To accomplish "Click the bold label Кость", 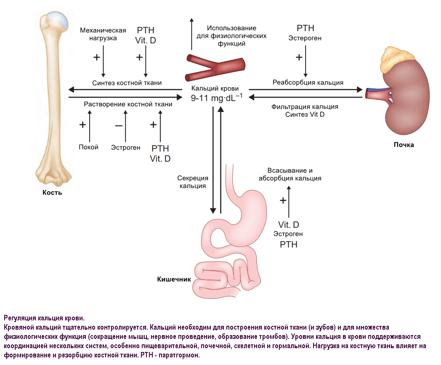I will [x=52, y=192].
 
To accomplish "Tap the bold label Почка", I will [x=404, y=145].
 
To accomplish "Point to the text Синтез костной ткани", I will [x=127, y=83].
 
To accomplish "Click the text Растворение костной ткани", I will [x=128, y=104].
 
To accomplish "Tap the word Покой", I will [x=88, y=147].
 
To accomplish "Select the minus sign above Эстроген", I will [x=119, y=125].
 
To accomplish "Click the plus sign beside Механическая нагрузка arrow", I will [x=96, y=57].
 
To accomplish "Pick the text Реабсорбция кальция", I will [x=308, y=83].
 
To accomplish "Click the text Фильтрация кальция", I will [x=305, y=107].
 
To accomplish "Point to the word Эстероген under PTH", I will [x=305, y=38].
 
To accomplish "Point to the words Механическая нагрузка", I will [x=103, y=34].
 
